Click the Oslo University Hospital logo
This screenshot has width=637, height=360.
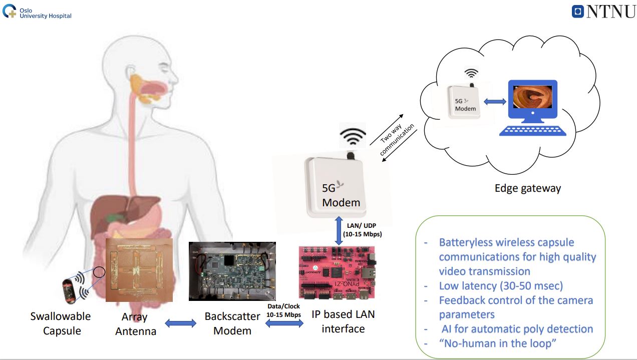(x=37, y=12)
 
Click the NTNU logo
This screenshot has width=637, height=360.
(x=604, y=12)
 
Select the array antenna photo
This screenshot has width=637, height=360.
(x=139, y=270)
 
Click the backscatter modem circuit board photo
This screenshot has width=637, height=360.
(x=232, y=271)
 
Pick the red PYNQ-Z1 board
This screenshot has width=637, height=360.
(x=337, y=272)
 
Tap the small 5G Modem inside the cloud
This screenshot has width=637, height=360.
(x=464, y=102)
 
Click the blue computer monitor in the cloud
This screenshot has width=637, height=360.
(x=533, y=102)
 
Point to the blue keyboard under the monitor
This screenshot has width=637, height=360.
(x=533, y=131)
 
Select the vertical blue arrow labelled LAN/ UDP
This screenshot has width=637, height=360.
(x=339, y=231)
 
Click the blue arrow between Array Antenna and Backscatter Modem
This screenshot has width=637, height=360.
(x=181, y=323)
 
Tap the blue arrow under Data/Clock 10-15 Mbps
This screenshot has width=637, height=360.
(x=284, y=323)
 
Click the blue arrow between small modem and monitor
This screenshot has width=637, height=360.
(x=495, y=102)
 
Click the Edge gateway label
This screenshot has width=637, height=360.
(x=528, y=188)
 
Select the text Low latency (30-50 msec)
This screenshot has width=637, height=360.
(x=501, y=286)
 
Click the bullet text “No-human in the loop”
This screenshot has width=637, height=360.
(x=497, y=343)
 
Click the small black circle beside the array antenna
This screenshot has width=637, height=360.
(x=99, y=272)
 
